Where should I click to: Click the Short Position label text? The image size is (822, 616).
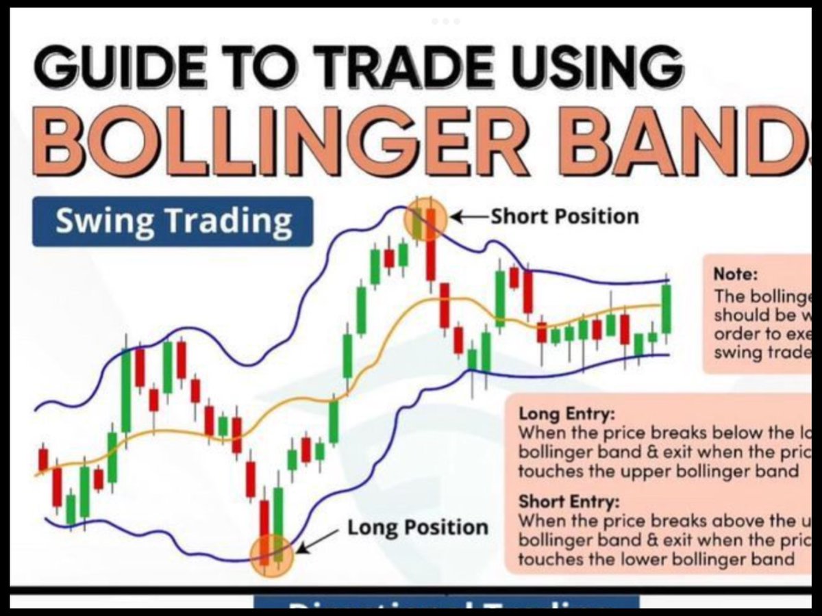[x=564, y=216]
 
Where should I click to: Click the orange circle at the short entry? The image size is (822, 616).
[x=425, y=218]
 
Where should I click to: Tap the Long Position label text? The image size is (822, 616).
[x=418, y=528]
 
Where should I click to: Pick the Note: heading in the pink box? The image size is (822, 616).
[x=736, y=274]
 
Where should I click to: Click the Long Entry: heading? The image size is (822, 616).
[x=558, y=414]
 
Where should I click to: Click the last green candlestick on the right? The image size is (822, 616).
[x=666, y=309]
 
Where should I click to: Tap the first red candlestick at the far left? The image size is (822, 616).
[x=43, y=459]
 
